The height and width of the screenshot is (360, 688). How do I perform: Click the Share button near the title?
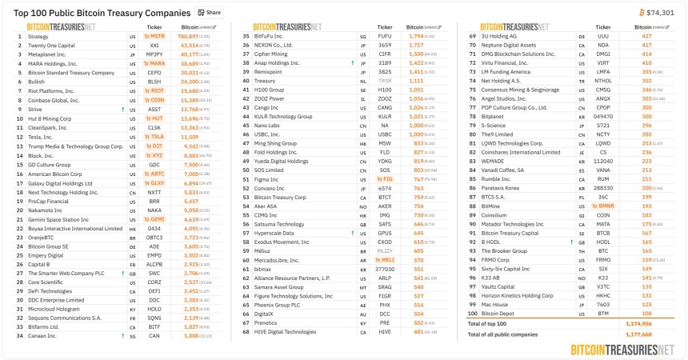tap(210, 13)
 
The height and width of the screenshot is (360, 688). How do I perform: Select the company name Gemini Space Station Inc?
tap(58, 218)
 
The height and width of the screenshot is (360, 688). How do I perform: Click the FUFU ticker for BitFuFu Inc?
tap(385, 37)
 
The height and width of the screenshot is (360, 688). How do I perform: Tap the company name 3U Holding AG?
tap(498, 37)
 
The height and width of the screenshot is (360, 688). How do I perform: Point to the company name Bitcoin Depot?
tap(498, 314)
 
